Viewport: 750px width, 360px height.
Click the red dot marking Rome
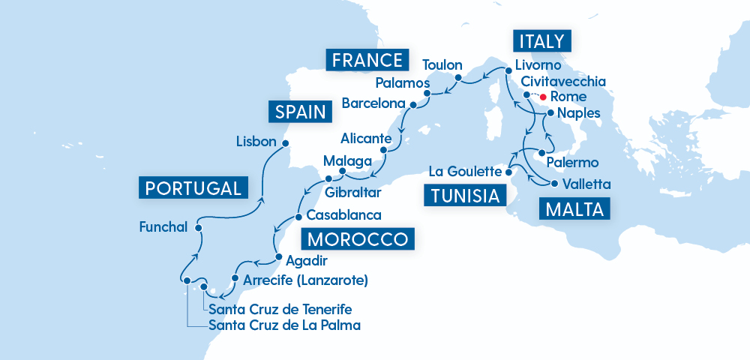click(542, 97)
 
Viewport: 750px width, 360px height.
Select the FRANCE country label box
click(366, 60)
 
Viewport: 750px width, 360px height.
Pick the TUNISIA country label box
click(464, 196)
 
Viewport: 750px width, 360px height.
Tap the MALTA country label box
click(574, 209)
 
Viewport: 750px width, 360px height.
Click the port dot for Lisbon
click(285, 142)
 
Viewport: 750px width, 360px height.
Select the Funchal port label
click(163, 226)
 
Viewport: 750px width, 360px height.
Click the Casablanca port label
click(344, 215)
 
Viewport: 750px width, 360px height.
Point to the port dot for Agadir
click(280, 257)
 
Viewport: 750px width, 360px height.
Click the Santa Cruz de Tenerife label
click(280, 310)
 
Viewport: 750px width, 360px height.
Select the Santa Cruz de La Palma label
click(284, 325)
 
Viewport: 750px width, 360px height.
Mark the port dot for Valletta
click(555, 184)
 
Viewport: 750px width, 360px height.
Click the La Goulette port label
click(464, 172)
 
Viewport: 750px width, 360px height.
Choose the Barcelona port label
click(373, 103)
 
